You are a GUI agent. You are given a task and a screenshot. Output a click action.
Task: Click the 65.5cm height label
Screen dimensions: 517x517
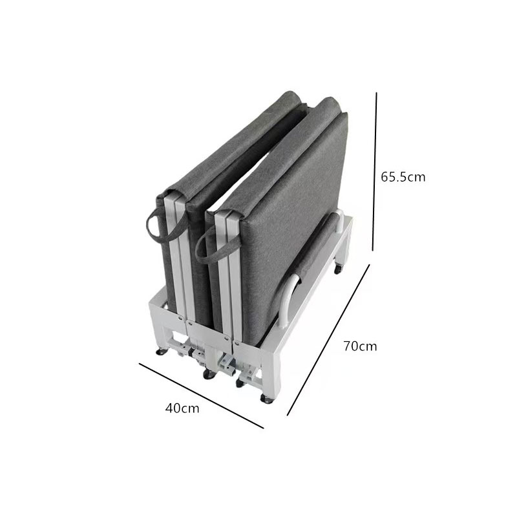(x=403, y=177)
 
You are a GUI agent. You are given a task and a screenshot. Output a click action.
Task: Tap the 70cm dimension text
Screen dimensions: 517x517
(x=360, y=346)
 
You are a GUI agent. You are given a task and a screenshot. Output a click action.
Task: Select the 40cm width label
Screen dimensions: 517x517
(x=182, y=408)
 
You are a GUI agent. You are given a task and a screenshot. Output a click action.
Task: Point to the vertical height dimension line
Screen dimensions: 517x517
(x=375, y=171)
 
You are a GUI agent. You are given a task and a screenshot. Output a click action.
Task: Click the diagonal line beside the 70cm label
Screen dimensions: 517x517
(x=328, y=340)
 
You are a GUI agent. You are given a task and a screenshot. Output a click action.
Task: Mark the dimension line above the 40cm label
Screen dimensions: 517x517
(x=201, y=396)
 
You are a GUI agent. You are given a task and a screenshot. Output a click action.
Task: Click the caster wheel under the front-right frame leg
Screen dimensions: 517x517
(x=266, y=399)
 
